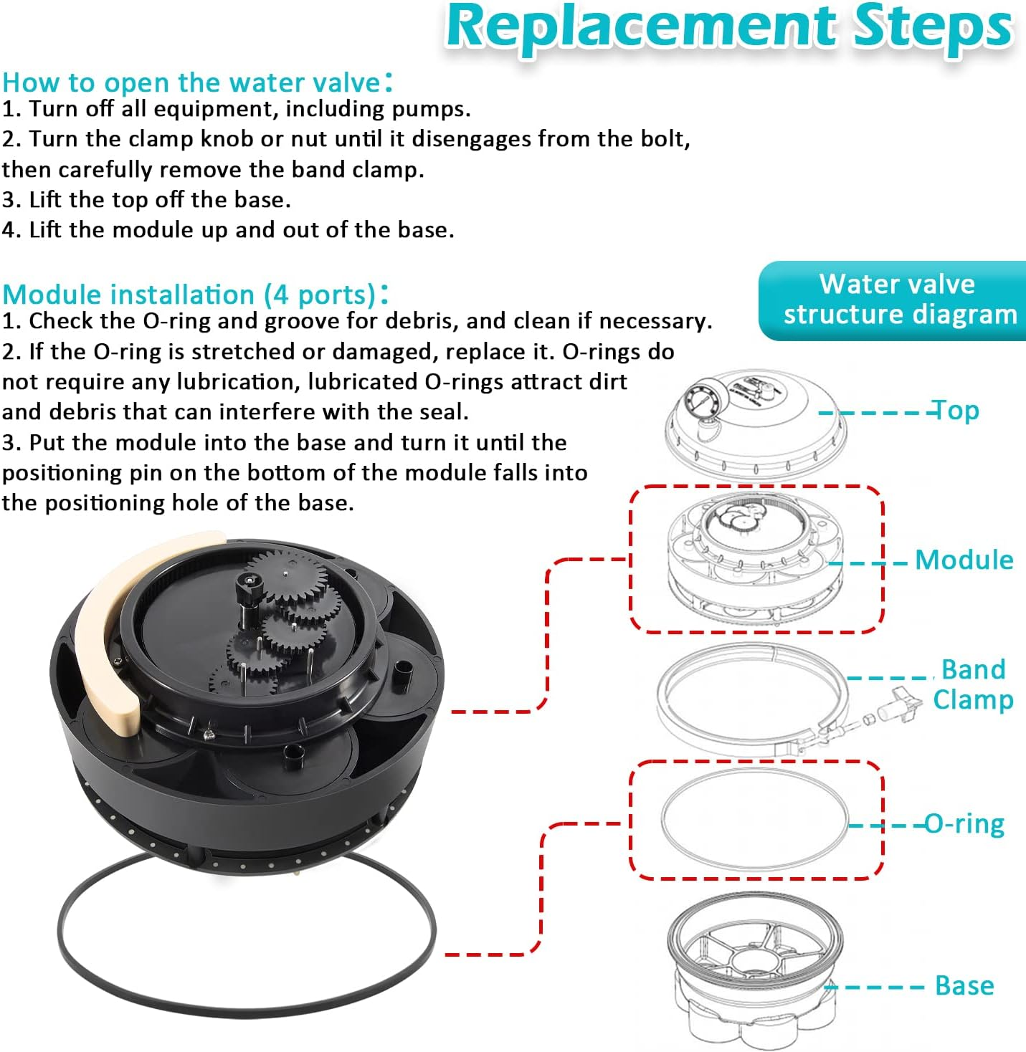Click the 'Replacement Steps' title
[x=728, y=27]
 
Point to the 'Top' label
[x=954, y=411]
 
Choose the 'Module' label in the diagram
[x=964, y=560]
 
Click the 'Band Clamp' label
[x=972, y=684]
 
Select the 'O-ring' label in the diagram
[x=964, y=824]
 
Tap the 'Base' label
[x=964, y=986]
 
